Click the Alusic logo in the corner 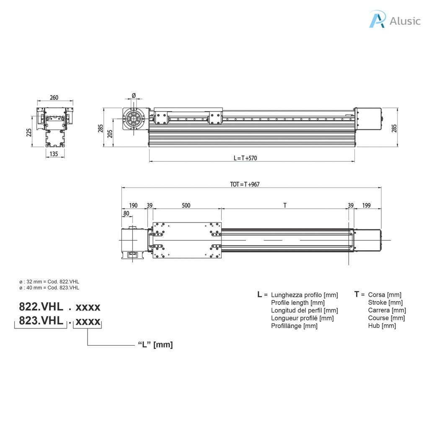[x=394, y=20]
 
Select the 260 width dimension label [x=54, y=98]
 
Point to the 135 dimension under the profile [x=54, y=154]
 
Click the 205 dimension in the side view [x=110, y=133]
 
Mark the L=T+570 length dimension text [x=245, y=158]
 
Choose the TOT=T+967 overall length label [x=245, y=184]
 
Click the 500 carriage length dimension [x=186, y=205]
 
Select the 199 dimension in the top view [x=366, y=205]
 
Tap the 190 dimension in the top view [x=133, y=205]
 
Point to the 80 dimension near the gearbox [x=126, y=213]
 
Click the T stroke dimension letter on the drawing [x=285, y=205]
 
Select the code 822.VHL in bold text [x=41, y=307]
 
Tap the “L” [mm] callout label [x=155, y=344]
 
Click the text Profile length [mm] [x=297, y=302]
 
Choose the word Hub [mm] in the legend [x=382, y=326]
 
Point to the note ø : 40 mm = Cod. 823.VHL [x=49, y=288]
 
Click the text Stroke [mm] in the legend [x=385, y=302]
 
